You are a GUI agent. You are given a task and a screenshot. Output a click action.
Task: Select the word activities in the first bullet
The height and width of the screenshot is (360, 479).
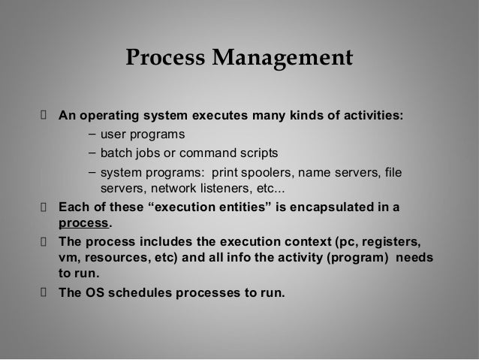[371, 116]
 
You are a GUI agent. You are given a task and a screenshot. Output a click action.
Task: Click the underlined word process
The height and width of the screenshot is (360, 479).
[83, 222]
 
